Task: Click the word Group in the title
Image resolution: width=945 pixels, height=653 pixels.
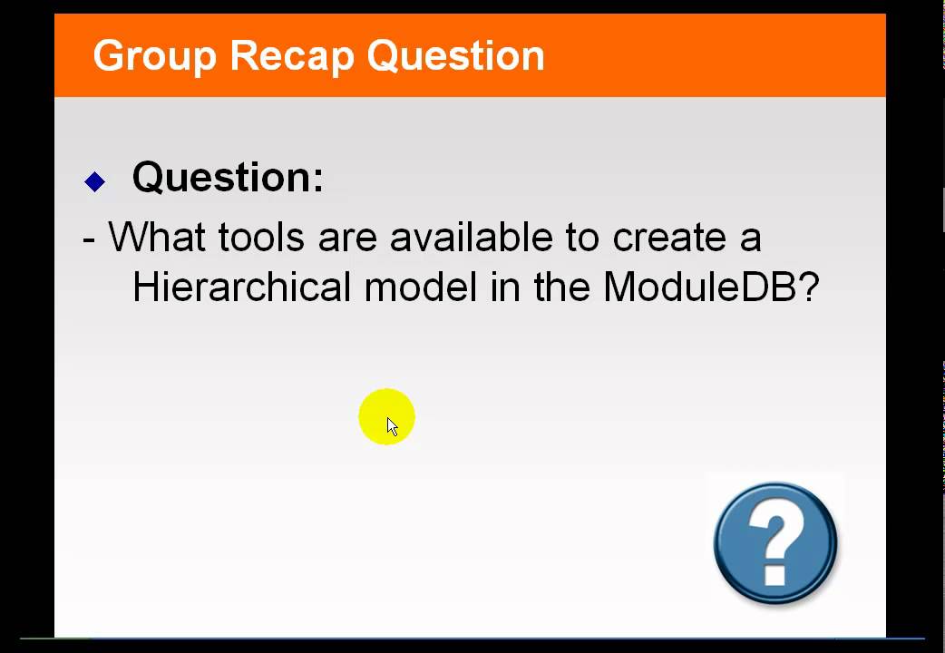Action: [153, 56]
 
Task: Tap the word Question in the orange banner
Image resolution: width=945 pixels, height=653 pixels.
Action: [456, 56]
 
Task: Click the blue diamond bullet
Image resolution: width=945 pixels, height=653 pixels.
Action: [95, 181]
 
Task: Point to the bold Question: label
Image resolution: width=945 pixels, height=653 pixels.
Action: [228, 177]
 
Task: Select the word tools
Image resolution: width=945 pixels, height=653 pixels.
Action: [262, 238]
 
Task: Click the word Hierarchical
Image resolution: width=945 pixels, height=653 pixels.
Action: [241, 288]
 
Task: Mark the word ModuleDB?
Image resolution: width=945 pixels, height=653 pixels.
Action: [711, 288]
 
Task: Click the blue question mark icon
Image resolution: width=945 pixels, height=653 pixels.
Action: [775, 542]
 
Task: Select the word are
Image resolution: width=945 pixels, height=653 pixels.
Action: [347, 238]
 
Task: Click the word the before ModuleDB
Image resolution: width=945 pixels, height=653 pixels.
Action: [562, 288]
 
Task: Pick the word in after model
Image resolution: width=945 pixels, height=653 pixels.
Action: [505, 288]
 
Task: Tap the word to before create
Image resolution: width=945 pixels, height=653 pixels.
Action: [582, 238]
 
